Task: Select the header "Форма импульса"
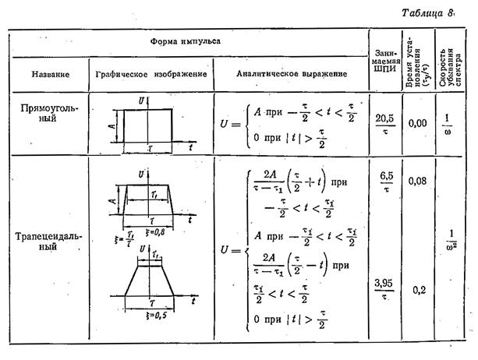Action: coord(185,39)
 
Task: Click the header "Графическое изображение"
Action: coord(150,74)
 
